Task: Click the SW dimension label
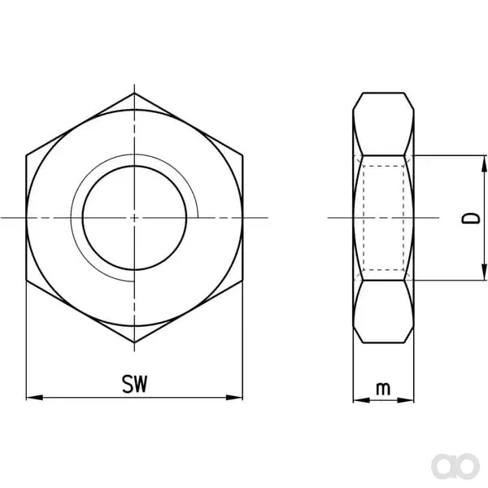point(134,384)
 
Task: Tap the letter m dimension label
point(383,389)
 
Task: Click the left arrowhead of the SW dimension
point(34,398)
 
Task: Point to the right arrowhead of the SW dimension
point(234,398)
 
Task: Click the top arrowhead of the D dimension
point(484,163)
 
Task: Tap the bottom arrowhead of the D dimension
point(484,272)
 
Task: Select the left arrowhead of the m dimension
point(362,400)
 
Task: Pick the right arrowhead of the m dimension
point(406,400)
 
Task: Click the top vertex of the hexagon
point(134,93)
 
